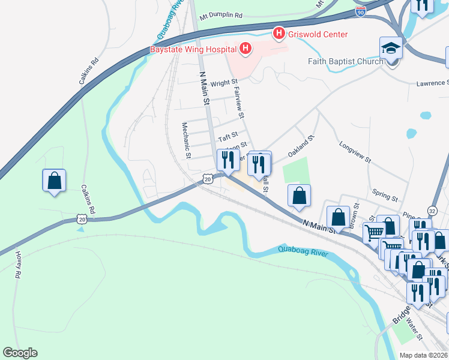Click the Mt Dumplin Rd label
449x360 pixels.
[221, 15]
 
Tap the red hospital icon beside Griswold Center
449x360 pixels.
[279, 34]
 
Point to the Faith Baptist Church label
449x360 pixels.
[345, 61]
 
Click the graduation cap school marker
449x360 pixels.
[391, 48]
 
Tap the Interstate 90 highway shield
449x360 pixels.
[360, 11]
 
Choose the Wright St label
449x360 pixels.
[224, 83]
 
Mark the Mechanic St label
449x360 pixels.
[187, 140]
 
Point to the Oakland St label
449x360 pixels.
[301, 146]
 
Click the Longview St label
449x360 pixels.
[355, 152]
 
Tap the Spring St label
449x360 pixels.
[385, 195]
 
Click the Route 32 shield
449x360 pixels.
[432, 210]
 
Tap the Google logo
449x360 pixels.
[20, 353]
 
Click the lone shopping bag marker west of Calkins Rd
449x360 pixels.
[54, 181]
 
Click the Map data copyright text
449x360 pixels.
[423, 355]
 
